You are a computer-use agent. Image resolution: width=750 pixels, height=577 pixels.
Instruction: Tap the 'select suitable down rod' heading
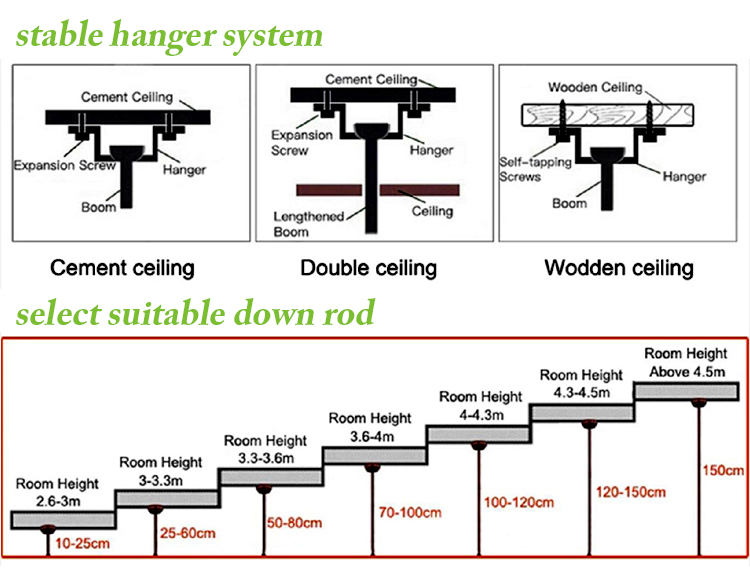coord(195,313)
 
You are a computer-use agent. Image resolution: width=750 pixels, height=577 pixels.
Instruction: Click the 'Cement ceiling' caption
coord(122,268)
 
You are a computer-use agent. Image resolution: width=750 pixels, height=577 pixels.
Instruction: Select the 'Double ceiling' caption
coord(369,268)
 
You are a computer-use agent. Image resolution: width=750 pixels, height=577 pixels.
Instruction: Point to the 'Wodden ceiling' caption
coord(618,268)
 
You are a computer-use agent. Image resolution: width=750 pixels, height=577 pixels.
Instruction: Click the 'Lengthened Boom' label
coord(309,224)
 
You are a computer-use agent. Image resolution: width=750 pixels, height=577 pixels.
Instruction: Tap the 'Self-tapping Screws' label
coord(525,169)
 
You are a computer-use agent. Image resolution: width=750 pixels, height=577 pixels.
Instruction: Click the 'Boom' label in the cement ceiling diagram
coord(99,207)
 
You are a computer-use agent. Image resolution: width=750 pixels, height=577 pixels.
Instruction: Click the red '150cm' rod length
coord(721,470)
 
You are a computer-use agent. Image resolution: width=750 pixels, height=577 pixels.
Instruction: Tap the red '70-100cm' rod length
coord(410,513)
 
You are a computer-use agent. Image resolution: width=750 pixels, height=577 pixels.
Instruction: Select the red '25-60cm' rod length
coord(187,533)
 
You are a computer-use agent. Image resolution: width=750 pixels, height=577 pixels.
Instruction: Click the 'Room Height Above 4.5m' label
coord(685,363)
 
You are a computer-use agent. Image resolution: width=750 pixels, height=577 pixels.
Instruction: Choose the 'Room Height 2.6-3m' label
coord(56,492)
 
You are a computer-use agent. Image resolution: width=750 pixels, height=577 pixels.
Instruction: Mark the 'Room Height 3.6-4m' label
coord(370,427)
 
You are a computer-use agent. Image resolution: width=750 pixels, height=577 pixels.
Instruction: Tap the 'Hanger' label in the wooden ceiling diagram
coord(683,176)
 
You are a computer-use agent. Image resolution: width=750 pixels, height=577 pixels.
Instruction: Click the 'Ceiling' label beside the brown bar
coord(432,211)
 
